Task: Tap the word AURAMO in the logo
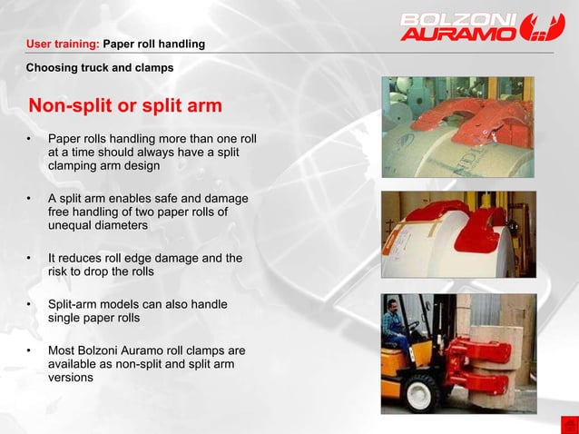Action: point(450,34)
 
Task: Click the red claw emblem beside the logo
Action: point(543,26)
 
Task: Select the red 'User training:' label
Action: point(63,44)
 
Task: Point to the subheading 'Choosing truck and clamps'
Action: point(99,67)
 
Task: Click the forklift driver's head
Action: point(391,306)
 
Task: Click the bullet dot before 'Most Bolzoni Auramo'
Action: point(29,350)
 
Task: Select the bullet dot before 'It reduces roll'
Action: point(29,259)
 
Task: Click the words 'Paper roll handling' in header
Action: point(154,44)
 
